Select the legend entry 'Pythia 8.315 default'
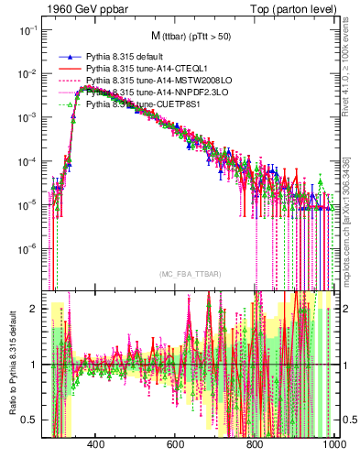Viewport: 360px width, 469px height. coord(129,56)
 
